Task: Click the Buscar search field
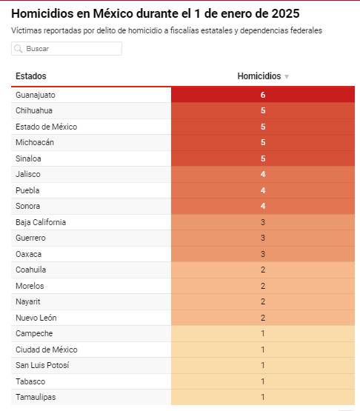[67, 48]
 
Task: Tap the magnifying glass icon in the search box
[18, 48]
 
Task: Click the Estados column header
[31, 76]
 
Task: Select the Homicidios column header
[259, 76]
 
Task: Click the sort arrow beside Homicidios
[287, 76]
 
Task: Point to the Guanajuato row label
[36, 95]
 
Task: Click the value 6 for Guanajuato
[263, 95]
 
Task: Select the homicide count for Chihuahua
[263, 110]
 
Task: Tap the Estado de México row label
[47, 127]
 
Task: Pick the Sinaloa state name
[28, 158]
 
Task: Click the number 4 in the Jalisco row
[263, 174]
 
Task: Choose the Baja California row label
[41, 222]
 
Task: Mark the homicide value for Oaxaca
[263, 254]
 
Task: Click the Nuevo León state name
[36, 318]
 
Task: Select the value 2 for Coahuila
[263, 270]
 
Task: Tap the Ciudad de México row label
[47, 350]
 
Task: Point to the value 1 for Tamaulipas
[263, 397]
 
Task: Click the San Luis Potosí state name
[42, 365]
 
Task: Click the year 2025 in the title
[285, 13]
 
